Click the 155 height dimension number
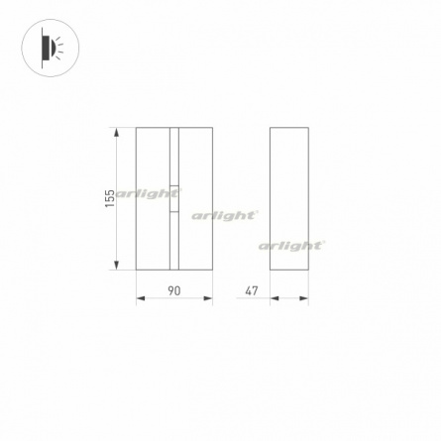point(110,198)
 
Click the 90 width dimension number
point(174,290)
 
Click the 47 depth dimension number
point(252,290)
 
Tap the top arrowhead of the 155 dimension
point(116,132)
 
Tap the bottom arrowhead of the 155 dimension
point(116,265)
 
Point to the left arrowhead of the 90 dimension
point(141,298)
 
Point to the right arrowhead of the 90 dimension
point(208,298)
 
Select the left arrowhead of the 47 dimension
point(275,298)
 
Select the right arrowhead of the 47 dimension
point(304,298)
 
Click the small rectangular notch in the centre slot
point(174,198)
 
